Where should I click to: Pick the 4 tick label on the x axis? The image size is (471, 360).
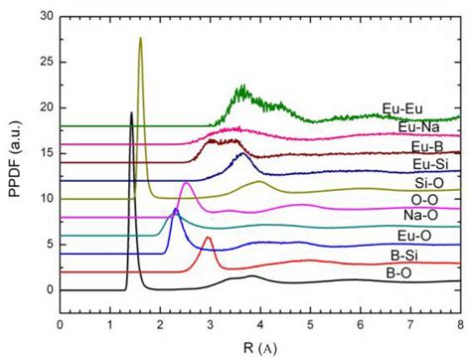point(259,323)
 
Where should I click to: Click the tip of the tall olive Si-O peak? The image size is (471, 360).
point(140,38)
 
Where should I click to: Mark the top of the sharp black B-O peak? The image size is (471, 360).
point(131,112)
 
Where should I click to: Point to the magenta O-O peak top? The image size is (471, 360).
point(186,183)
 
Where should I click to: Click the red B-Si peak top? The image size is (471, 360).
point(208,237)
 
